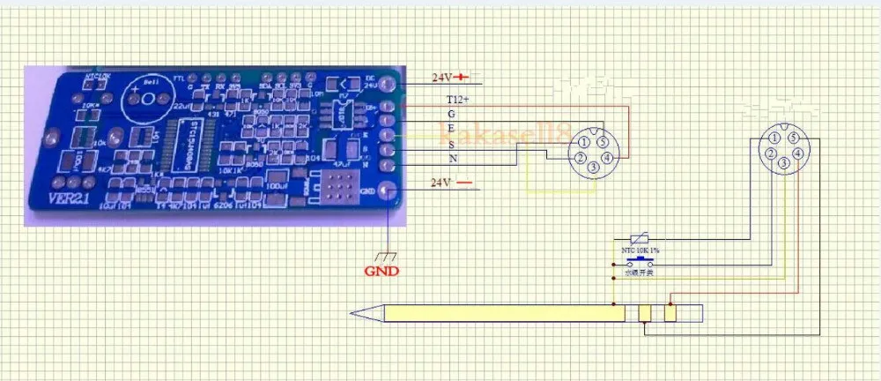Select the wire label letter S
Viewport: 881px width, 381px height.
click(x=452, y=144)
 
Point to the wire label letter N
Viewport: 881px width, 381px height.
click(x=453, y=158)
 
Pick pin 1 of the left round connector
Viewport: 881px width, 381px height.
click(x=583, y=141)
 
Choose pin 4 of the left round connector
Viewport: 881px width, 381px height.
click(x=608, y=157)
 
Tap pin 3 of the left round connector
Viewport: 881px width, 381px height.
click(x=594, y=167)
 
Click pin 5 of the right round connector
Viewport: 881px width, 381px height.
click(x=794, y=138)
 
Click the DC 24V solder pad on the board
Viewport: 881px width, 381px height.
click(x=389, y=86)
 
